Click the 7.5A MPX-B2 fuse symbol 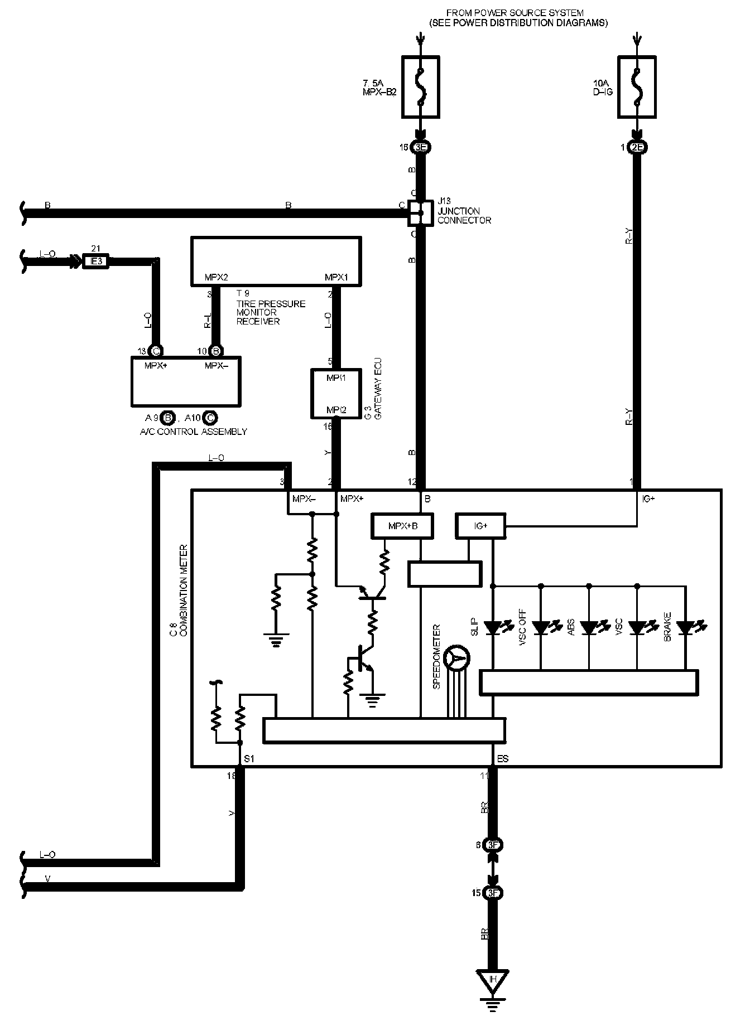click(x=420, y=86)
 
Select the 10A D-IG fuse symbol click(x=637, y=86)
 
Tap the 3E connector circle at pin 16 click(x=420, y=148)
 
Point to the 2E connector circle click(x=637, y=148)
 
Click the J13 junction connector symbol click(x=420, y=212)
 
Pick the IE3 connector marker click(x=95, y=261)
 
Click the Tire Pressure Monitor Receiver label click(x=271, y=312)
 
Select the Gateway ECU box click(x=328, y=393)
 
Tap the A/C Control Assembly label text click(x=193, y=432)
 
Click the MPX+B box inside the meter click(x=402, y=526)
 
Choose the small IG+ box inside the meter click(x=480, y=526)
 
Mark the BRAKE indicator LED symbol click(x=685, y=628)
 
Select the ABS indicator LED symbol click(x=589, y=628)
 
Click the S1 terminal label click(x=249, y=759)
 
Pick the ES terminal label click(x=503, y=759)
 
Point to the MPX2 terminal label click(x=216, y=277)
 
